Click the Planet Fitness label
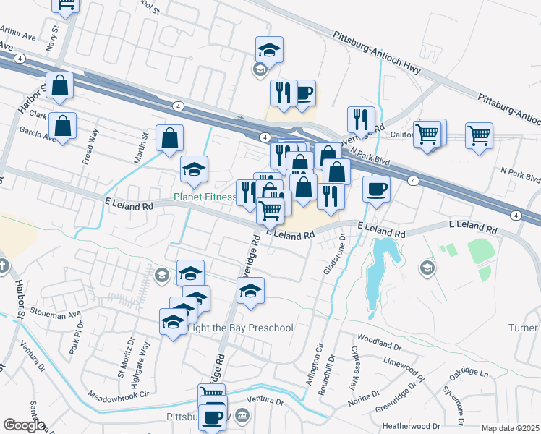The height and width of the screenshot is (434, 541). click(x=205, y=197)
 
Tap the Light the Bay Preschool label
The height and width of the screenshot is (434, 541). click(x=240, y=328)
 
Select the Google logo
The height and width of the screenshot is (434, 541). click(x=24, y=425)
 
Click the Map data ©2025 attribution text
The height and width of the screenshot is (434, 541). click(x=510, y=428)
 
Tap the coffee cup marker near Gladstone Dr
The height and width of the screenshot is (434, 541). click(x=376, y=190)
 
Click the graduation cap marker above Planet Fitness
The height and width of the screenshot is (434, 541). click(x=194, y=170)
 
